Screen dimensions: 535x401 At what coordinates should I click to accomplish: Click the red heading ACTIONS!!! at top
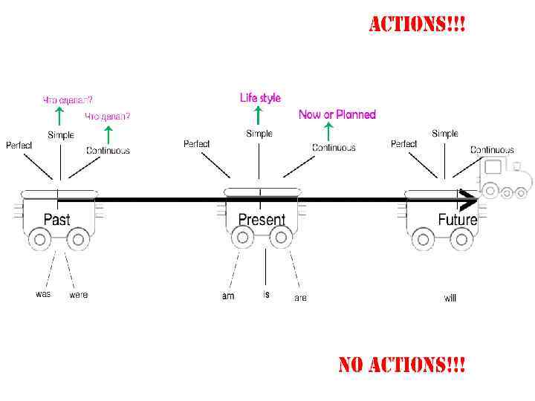tap(418, 25)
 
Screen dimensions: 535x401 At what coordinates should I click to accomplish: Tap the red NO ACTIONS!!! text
tap(402, 365)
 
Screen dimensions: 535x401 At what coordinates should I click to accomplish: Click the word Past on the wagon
tap(57, 219)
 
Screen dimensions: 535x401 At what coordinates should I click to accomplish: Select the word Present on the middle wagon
tap(262, 220)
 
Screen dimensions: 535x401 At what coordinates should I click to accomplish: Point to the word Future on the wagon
tap(457, 220)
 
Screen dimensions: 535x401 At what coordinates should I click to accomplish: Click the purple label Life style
tap(260, 98)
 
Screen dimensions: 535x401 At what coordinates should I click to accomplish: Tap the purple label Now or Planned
tap(337, 114)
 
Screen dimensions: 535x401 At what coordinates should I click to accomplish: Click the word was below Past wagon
tap(43, 294)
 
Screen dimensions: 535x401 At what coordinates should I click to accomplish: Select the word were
tap(79, 295)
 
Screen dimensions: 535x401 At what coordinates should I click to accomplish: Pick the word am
tap(228, 296)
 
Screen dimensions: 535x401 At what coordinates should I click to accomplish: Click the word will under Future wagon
tap(450, 298)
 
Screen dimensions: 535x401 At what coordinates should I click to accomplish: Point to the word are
tap(300, 298)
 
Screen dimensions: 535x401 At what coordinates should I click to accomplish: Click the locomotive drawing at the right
tap(506, 178)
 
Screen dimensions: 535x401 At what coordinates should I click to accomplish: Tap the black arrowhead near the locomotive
tap(469, 200)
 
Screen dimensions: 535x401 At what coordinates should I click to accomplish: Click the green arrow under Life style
tap(258, 115)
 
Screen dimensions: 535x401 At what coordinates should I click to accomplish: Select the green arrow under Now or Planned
tap(328, 131)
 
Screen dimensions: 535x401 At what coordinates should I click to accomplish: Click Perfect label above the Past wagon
tap(19, 146)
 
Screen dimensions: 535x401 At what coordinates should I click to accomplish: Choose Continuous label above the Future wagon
tap(492, 150)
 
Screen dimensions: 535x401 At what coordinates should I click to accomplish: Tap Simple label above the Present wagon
tap(259, 134)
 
